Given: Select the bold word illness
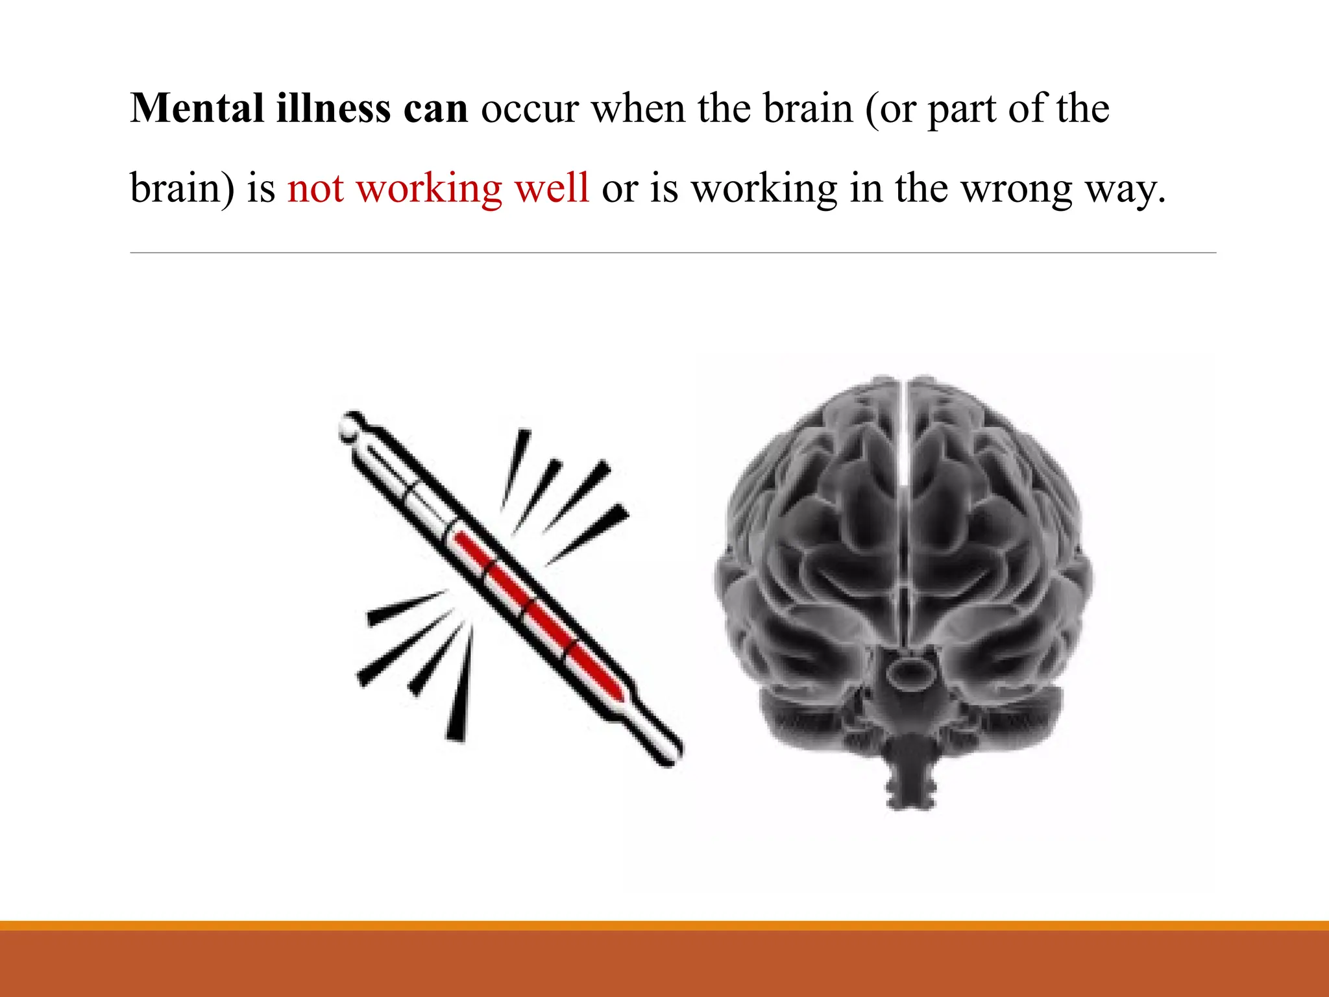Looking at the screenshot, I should click(x=334, y=108).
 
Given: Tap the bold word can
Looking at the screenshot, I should click(x=435, y=109).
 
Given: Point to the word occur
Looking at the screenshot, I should click(x=529, y=109).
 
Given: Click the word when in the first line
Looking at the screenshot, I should click(x=638, y=108).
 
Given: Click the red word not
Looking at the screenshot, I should click(x=315, y=189).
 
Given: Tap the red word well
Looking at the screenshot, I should click(x=552, y=188).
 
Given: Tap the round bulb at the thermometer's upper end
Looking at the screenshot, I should click(x=349, y=427).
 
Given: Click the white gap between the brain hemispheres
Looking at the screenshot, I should click(x=903, y=454).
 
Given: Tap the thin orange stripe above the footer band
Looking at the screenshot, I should click(x=664, y=926).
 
